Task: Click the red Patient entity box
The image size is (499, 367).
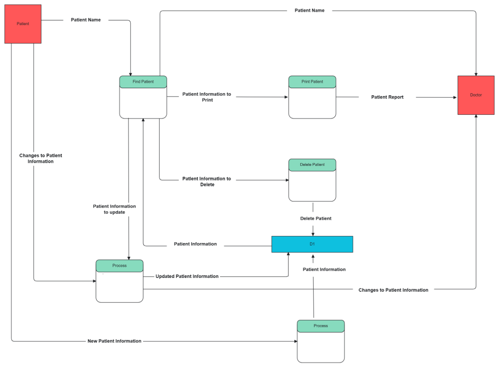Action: tap(23, 24)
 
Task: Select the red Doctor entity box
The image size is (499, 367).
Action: tap(476, 95)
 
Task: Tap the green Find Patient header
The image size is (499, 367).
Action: tap(143, 82)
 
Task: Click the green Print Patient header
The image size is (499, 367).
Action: tap(312, 82)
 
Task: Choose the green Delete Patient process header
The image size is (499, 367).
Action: tap(312, 165)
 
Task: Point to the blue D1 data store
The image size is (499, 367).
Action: tap(312, 244)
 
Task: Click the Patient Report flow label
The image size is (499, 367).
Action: tap(387, 97)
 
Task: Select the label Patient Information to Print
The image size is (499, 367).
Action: tap(207, 97)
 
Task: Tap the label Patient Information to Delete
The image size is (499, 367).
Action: tap(207, 181)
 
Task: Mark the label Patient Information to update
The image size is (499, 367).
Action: tap(114, 209)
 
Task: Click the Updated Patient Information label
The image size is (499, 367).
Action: tap(187, 276)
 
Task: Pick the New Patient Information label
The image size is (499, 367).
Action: tap(114, 341)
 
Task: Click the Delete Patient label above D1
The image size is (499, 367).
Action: tap(316, 218)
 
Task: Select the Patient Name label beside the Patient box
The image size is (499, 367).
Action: tap(86, 20)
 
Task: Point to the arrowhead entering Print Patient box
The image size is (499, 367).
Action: tap(287, 97)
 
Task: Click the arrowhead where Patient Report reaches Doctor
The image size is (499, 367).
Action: tap(455, 97)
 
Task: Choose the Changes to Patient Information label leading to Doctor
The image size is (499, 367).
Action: tap(393, 290)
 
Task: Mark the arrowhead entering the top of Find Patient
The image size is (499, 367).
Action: tap(131, 74)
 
